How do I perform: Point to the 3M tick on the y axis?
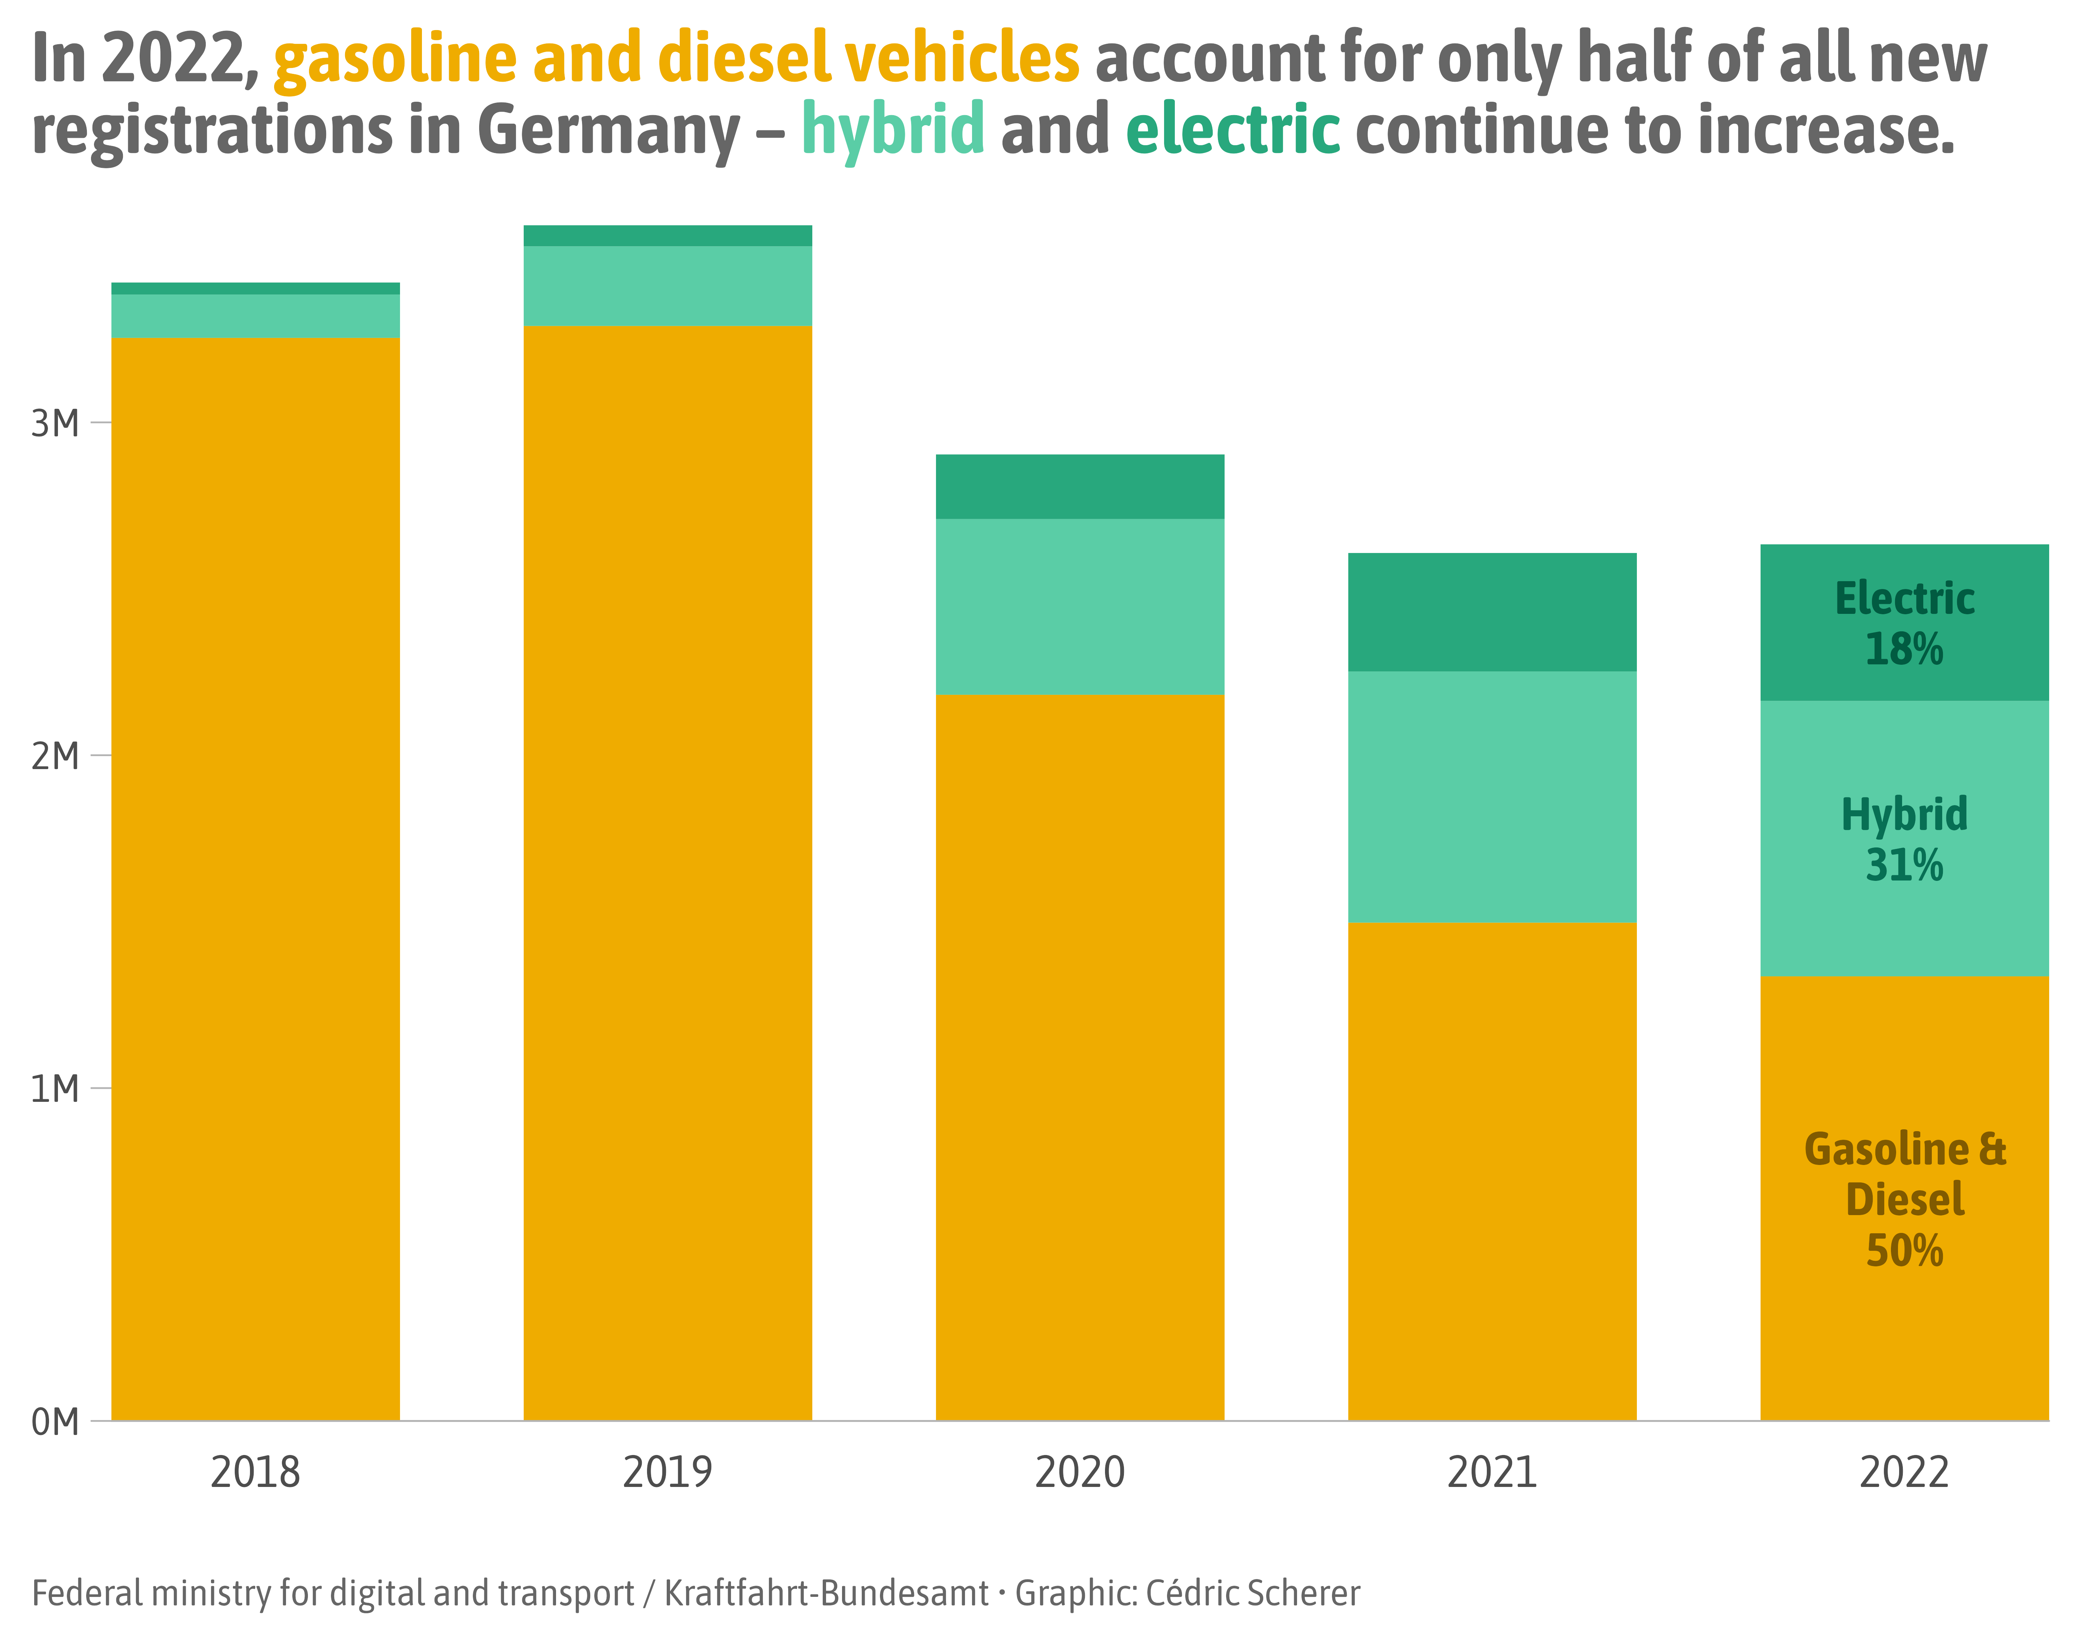point(55,423)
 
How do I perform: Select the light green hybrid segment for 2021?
point(1492,796)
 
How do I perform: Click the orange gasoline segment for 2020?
point(1079,1052)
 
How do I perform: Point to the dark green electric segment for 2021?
point(1492,612)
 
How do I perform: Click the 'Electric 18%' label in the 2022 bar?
point(1904,624)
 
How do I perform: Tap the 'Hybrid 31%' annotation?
point(1904,839)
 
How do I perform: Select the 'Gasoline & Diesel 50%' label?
point(1904,1199)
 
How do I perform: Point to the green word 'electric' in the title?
point(1232,129)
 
